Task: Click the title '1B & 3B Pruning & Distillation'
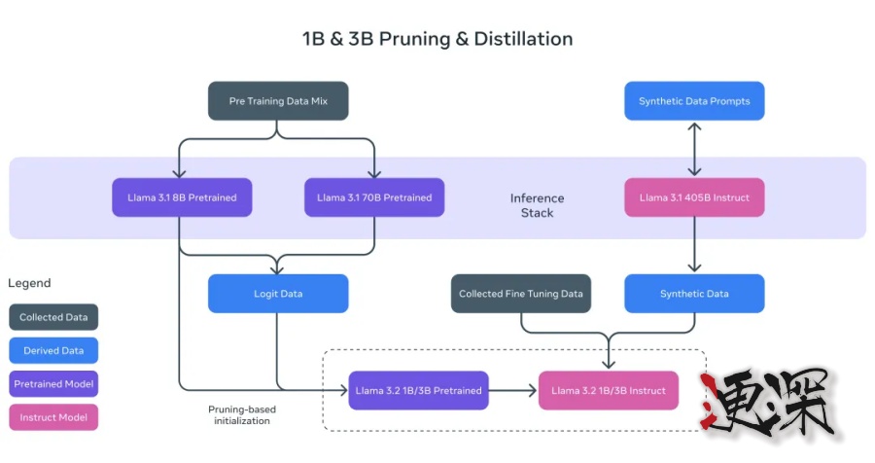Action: click(437, 40)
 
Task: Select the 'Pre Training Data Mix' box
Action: click(278, 101)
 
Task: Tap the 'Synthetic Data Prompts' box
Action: click(694, 101)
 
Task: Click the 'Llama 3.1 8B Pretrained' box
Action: click(182, 197)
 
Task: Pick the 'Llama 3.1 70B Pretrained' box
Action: click(374, 197)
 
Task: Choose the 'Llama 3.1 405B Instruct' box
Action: click(694, 197)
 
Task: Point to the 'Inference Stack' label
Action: click(537, 205)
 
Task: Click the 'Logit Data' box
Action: click(278, 294)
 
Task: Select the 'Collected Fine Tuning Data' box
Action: click(521, 294)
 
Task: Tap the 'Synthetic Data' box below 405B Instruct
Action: click(694, 294)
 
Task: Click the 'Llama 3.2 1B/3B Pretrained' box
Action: click(418, 390)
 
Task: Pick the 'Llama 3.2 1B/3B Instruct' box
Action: click(609, 390)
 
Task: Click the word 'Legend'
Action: click(29, 283)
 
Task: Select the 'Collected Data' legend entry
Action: click(54, 317)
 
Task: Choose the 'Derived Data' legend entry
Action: click(54, 350)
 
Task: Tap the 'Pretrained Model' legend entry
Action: click(54, 384)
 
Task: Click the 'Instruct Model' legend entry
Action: click(54, 417)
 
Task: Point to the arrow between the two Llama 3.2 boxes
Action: click(513, 390)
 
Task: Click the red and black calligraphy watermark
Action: click(768, 402)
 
